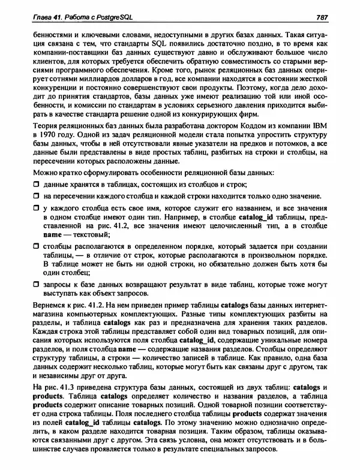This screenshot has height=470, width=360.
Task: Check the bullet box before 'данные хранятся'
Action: [x=28, y=183]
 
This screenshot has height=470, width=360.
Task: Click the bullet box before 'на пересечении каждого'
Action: [x=28, y=196]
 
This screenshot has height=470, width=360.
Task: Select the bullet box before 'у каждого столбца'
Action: [x=28, y=208]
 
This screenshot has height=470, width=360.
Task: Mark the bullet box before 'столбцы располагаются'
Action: [x=28, y=246]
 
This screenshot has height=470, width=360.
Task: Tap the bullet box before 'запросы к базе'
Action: [x=28, y=284]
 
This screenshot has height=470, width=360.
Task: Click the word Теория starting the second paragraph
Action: [x=35, y=126]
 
